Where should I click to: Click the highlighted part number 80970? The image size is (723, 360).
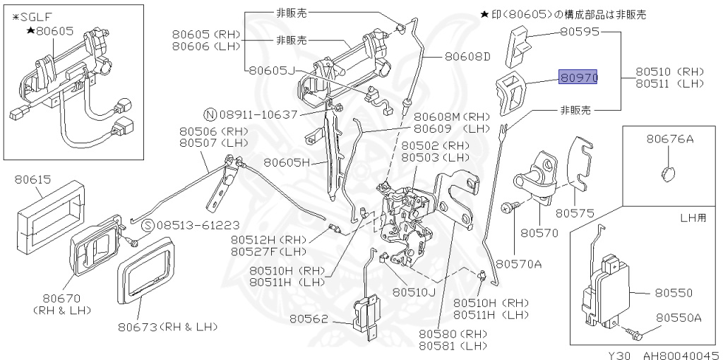[x=578, y=77]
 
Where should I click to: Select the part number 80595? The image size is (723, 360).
[x=580, y=32]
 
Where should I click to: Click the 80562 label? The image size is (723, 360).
[x=309, y=319]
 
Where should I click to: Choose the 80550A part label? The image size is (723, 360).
[x=679, y=318]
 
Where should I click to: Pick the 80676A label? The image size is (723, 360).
[x=669, y=139]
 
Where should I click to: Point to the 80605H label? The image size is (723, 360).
[x=287, y=162]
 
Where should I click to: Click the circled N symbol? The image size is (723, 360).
[x=210, y=114]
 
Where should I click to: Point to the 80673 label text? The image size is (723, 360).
[x=138, y=327]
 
